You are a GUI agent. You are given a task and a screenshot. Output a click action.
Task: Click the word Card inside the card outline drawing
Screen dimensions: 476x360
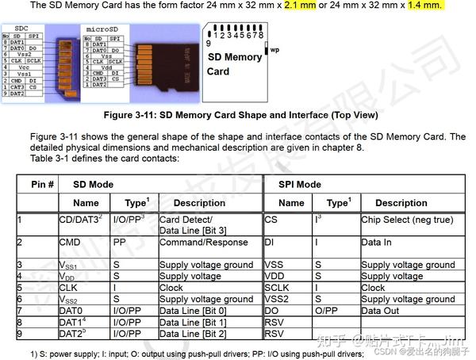(x=218, y=71)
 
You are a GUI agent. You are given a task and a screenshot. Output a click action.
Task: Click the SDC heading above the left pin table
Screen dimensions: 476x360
(x=24, y=28)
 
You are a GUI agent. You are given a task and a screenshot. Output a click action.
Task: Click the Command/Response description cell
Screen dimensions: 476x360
(x=203, y=243)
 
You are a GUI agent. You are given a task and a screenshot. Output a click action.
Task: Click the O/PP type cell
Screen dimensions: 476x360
(x=326, y=311)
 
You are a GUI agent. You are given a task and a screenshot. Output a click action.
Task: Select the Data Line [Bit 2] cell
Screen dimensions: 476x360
(x=194, y=334)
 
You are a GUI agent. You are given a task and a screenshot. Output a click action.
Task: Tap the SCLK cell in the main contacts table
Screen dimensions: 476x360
(x=279, y=288)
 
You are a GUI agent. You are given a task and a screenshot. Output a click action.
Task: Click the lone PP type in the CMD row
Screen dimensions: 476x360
(x=120, y=243)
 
